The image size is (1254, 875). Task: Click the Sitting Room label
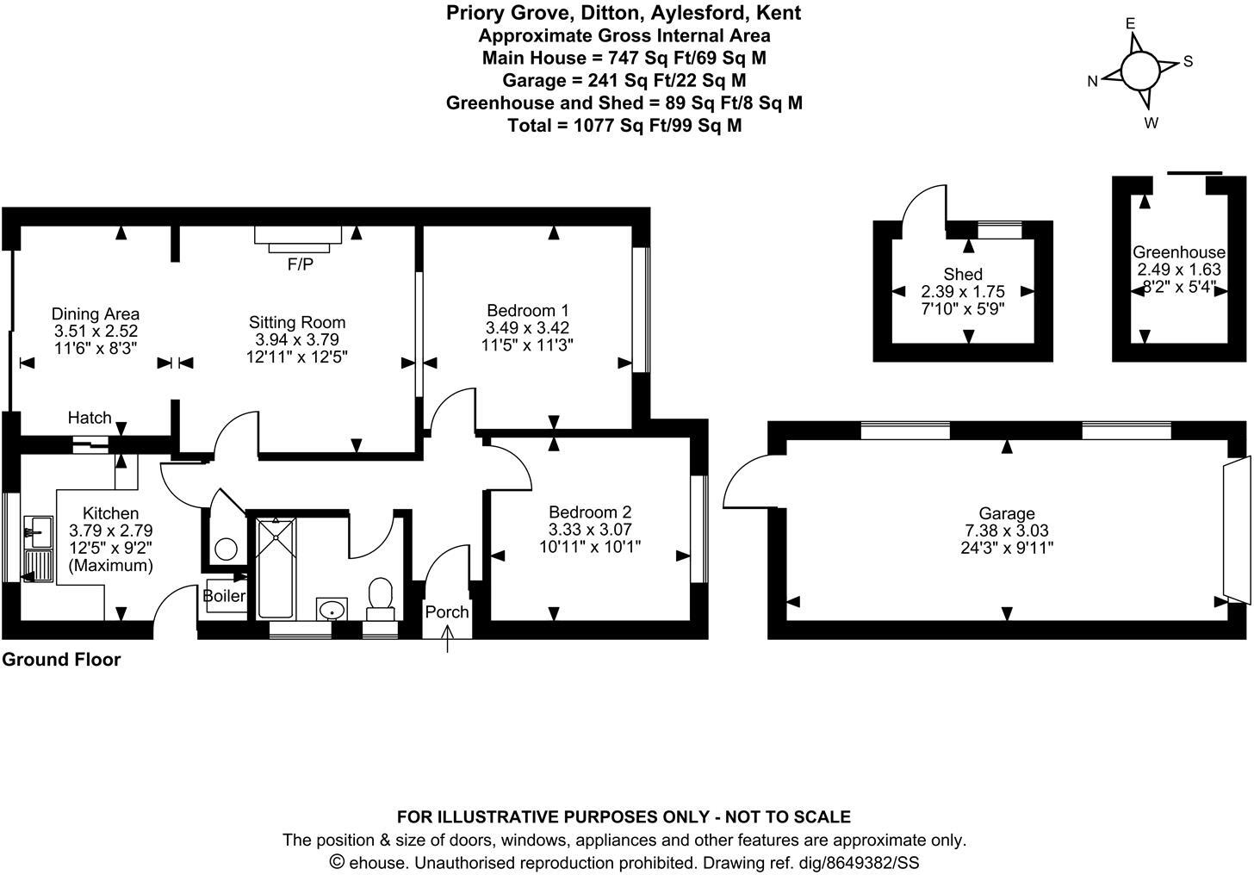(297, 323)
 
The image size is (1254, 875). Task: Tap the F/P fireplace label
(301, 265)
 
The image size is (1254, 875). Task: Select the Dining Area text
(96, 314)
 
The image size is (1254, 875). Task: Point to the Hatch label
(90, 418)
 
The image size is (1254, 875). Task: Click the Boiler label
(224, 596)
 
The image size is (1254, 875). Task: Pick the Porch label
(447, 611)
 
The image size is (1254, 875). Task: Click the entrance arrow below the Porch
(447, 640)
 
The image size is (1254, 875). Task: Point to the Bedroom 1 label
(528, 311)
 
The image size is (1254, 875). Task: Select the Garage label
(1007, 514)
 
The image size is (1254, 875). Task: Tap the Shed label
(963, 275)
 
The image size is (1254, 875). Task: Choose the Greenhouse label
(1178, 252)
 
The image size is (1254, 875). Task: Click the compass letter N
(1092, 82)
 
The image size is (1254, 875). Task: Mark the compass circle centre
(1140, 70)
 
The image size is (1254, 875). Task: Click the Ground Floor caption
(61, 660)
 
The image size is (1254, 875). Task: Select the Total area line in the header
(624, 125)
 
